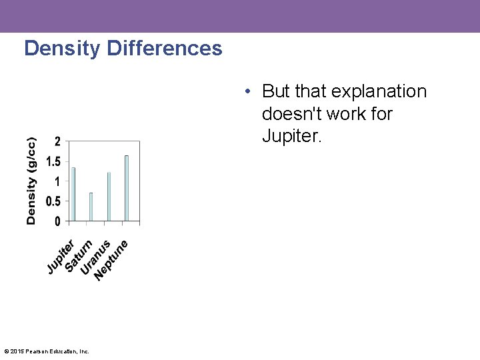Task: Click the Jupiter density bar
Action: pos(73,194)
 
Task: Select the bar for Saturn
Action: pos(91,207)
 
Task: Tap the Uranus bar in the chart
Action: pos(109,196)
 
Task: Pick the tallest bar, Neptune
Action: pos(126,188)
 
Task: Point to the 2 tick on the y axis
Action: pos(57,141)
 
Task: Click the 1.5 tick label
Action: pos(53,161)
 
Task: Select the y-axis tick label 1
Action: pos(57,181)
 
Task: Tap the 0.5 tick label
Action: pos(53,201)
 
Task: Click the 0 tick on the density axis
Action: pos(57,221)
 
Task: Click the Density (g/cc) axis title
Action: pos(31,181)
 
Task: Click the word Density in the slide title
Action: pos(61,49)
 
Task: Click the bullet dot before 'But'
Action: pos(247,91)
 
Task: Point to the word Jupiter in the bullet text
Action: pos(292,136)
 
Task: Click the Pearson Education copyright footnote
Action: pos(47,351)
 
